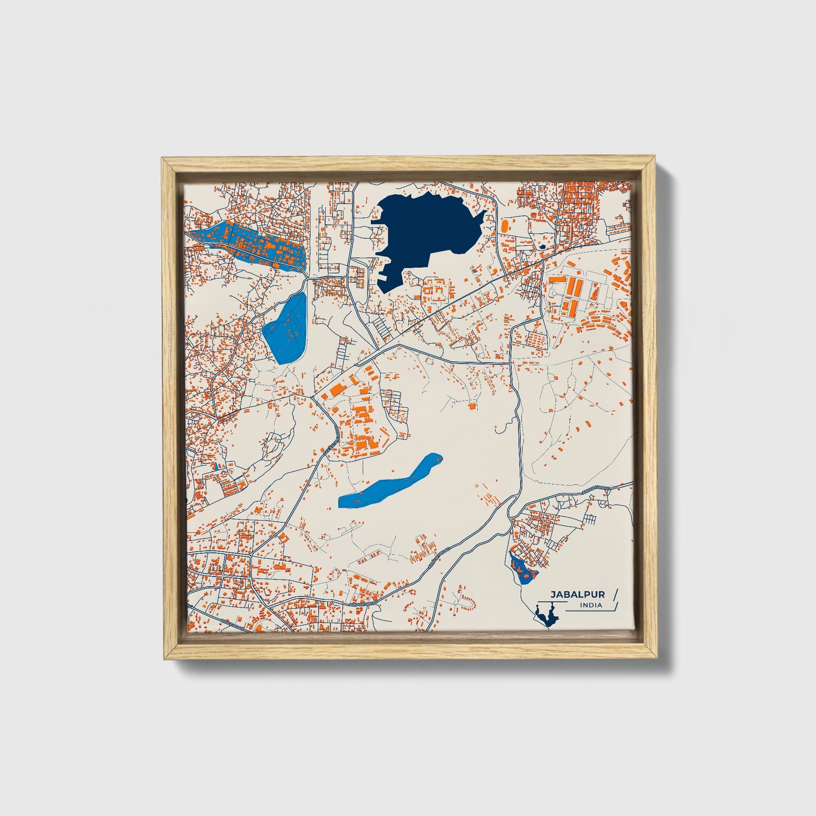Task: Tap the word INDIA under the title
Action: click(x=591, y=606)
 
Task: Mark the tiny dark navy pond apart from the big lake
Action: click(x=542, y=247)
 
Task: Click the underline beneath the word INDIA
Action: click(x=587, y=610)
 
